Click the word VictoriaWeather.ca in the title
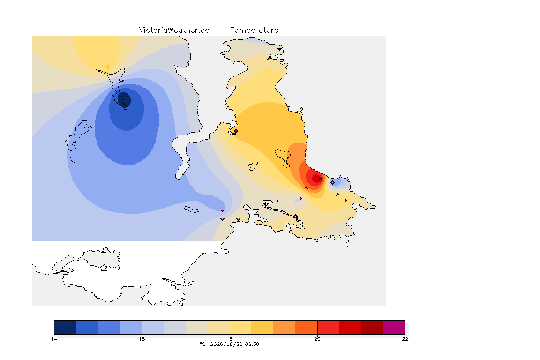pyautogui.click(x=174, y=30)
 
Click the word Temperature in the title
pyautogui.click(x=254, y=30)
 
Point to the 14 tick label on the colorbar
pyautogui.click(x=54, y=339)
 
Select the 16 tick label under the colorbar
pyautogui.click(x=142, y=339)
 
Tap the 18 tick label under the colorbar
pyautogui.click(x=230, y=339)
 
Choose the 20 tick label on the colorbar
pyautogui.click(x=317, y=339)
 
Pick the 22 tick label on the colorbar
pyautogui.click(x=405, y=339)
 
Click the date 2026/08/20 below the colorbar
pyautogui.click(x=225, y=344)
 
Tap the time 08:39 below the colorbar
pyautogui.click(x=252, y=344)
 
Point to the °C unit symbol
pyautogui.click(x=202, y=344)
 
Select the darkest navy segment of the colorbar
pyautogui.click(x=65, y=327)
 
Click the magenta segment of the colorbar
pyautogui.click(x=394, y=327)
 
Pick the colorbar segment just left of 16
pyautogui.click(x=131, y=327)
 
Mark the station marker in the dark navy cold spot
pyautogui.click(x=122, y=94)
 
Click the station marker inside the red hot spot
pyautogui.click(x=321, y=180)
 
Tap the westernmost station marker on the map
pyautogui.click(x=108, y=68)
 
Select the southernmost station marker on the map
pyautogui.click(x=341, y=231)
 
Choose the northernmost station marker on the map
pyautogui.click(x=270, y=59)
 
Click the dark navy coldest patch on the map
pyautogui.click(x=125, y=99)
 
